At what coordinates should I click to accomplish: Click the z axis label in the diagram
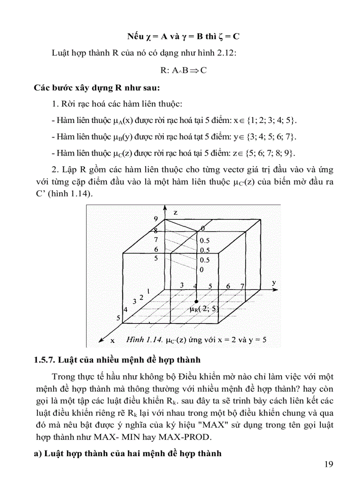(x=176, y=212)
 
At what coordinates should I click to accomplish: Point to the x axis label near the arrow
(x=112, y=340)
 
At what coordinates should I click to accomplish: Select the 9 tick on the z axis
(x=155, y=219)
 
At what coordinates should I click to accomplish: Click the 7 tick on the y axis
(x=242, y=286)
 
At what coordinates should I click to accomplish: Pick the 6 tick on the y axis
(x=228, y=286)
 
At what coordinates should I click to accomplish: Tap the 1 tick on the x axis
(x=149, y=291)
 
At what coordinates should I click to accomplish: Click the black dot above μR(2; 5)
(x=196, y=301)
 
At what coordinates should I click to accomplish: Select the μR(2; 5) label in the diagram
(x=204, y=309)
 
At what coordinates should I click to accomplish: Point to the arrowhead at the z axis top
(x=165, y=207)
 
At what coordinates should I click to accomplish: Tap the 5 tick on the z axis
(x=155, y=259)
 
